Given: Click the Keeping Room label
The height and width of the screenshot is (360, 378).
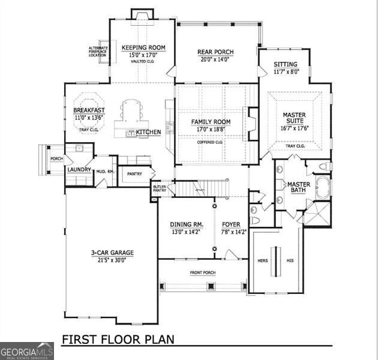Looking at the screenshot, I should pyautogui.click(x=143, y=48).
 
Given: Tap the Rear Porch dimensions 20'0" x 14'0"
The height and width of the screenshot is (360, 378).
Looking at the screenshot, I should pyautogui.click(x=215, y=59).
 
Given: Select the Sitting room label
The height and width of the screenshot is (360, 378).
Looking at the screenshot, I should pyautogui.click(x=285, y=65).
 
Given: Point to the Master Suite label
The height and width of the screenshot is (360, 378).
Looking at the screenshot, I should pyautogui.click(x=294, y=118).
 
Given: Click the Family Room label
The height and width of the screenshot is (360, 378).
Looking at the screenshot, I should pyautogui.click(x=211, y=122).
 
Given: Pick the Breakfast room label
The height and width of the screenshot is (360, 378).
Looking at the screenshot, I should pyautogui.click(x=89, y=110).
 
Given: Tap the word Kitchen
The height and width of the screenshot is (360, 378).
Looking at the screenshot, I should pyautogui.click(x=148, y=132).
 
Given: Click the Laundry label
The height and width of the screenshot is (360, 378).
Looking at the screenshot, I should pyautogui.click(x=79, y=170).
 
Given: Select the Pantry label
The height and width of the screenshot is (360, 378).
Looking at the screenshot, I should pyautogui.click(x=134, y=174).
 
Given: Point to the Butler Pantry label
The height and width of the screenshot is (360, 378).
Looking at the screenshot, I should pyautogui.click(x=159, y=188).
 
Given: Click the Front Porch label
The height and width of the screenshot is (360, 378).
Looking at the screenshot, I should pyautogui.click(x=203, y=273).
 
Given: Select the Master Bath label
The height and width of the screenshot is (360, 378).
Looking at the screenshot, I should pyautogui.click(x=298, y=187).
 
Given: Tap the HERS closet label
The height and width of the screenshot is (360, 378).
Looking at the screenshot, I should pyautogui.click(x=262, y=261).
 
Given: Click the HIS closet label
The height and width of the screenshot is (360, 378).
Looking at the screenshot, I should pyautogui.click(x=290, y=261).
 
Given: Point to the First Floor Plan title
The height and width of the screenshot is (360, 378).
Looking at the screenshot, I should pyautogui.click(x=118, y=339).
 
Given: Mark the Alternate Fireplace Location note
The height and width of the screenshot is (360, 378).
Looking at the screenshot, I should pyautogui.click(x=98, y=52).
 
